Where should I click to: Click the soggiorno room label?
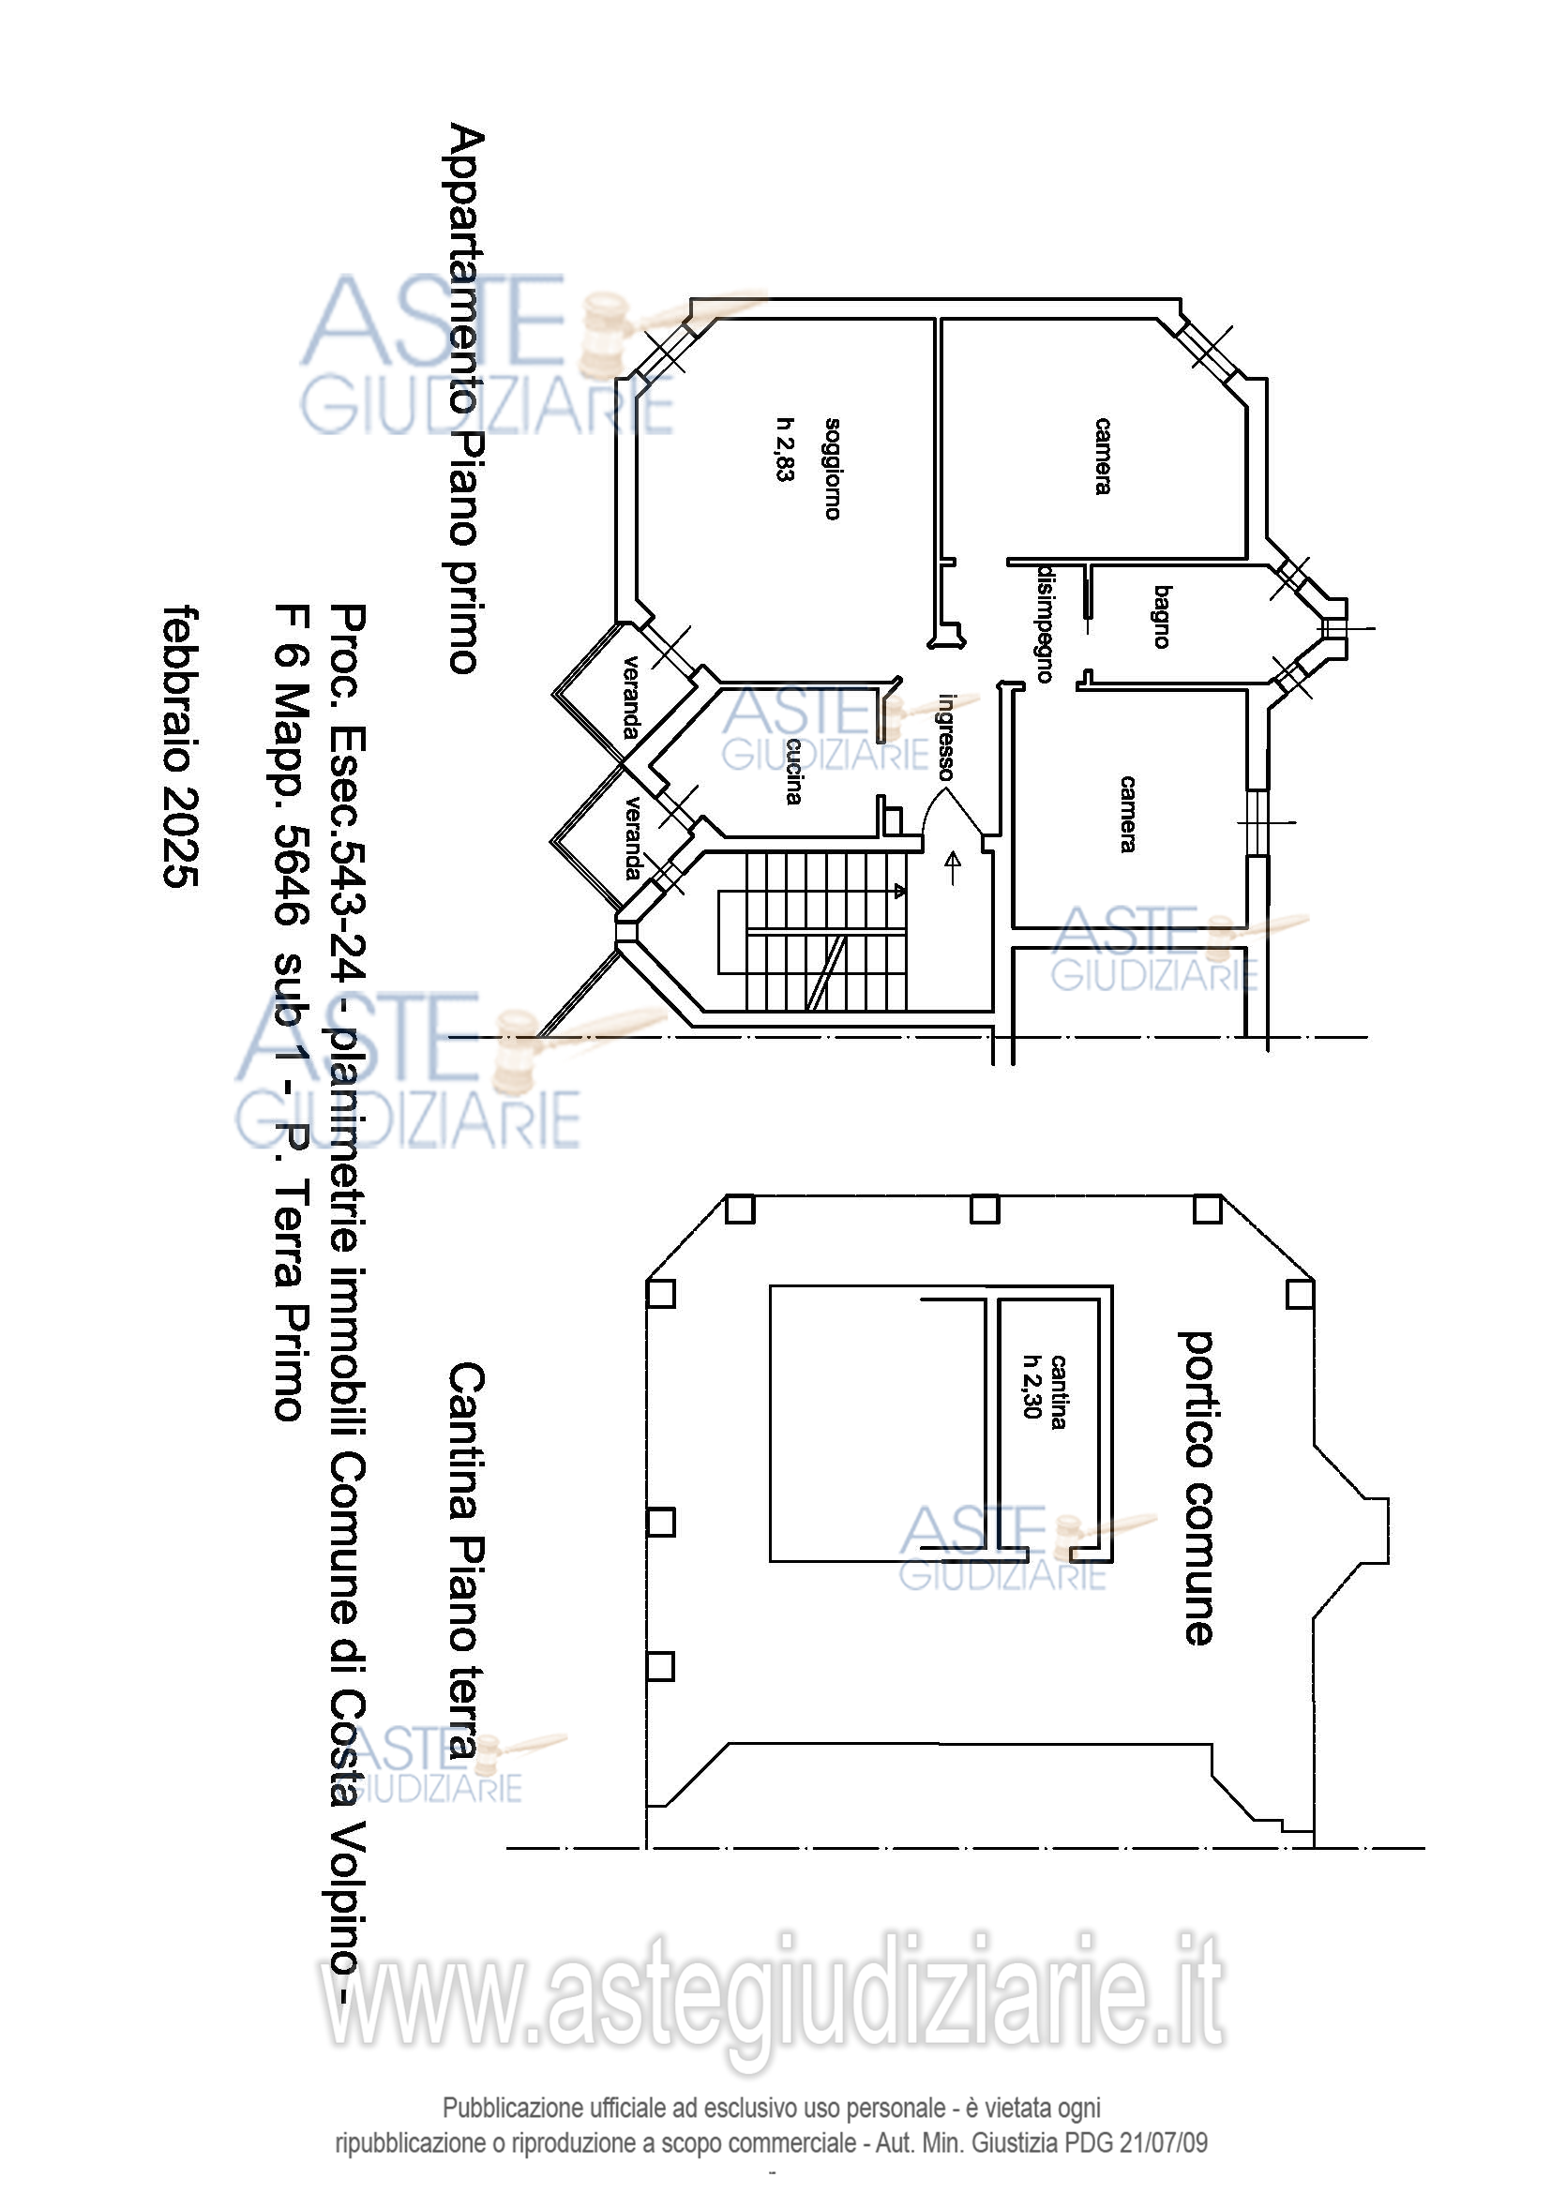tap(833, 469)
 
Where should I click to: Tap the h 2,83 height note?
tap(785, 449)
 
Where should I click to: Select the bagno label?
tap(1162, 617)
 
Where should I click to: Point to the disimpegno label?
tap(1046, 623)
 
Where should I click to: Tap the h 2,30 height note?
tap(1031, 1387)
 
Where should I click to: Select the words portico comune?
tap(1197, 1489)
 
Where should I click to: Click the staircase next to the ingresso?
tap(812, 931)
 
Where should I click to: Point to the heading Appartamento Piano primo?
tap(467, 398)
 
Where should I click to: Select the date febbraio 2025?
tap(182, 746)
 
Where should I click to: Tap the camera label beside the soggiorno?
tap(1103, 456)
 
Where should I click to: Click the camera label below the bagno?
tap(1128, 814)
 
